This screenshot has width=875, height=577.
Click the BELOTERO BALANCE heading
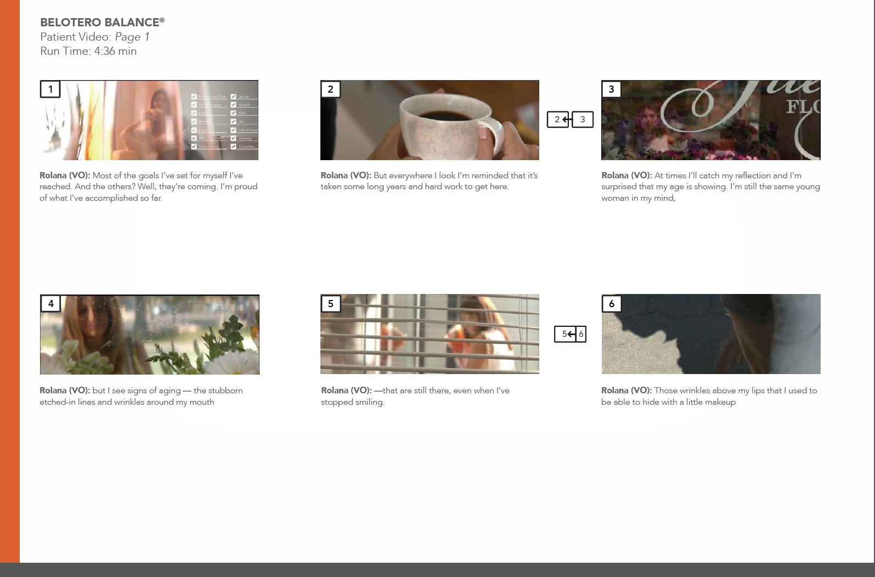tap(102, 22)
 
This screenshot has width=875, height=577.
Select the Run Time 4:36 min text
tap(88, 51)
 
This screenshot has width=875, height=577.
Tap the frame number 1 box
tap(50, 89)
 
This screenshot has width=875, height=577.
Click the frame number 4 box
tap(50, 303)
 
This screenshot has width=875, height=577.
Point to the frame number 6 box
tap(612, 303)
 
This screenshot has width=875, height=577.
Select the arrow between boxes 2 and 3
tap(568, 119)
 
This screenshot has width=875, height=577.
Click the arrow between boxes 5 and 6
tap(572, 333)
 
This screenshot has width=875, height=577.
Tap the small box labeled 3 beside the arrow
tap(583, 119)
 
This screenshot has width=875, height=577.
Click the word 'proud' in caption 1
tap(246, 186)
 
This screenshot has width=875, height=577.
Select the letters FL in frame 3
tap(802, 106)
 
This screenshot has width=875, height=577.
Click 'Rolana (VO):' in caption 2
tap(346, 176)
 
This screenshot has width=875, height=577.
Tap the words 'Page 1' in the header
tap(132, 37)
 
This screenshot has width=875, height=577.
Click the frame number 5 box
tap(330, 303)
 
